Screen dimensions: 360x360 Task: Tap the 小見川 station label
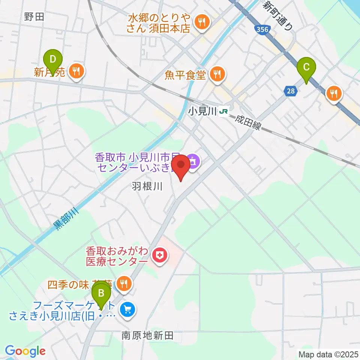[x=203, y=111]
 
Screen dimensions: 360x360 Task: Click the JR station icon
[x=224, y=111]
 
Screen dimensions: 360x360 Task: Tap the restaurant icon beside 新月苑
[x=76, y=71]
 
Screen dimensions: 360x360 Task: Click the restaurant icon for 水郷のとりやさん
[x=202, y=22]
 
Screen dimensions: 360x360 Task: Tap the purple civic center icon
[x=193, y=162]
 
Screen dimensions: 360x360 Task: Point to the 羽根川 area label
[x=147, y=186]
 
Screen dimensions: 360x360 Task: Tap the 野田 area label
[x=34, y=16]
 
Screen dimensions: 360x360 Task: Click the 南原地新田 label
[x=147, y=336]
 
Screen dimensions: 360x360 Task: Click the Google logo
[x=25, y=351]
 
